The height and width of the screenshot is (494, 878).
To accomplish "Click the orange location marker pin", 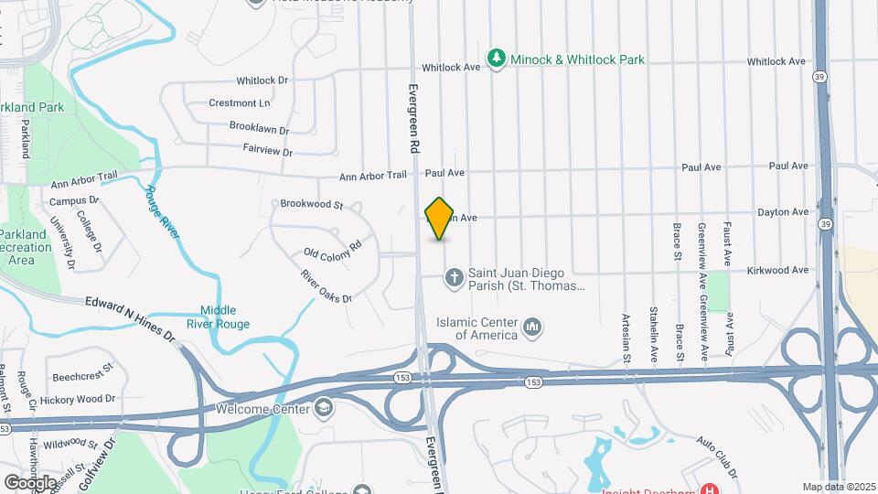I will click(x=440, y=219).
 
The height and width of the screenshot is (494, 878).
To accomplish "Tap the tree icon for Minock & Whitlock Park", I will click(x=497, y=59).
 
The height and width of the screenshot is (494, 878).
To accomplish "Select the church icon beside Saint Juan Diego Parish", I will click(x=454, y=275).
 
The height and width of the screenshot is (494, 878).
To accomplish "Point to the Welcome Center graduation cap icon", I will click(x=323, y=408).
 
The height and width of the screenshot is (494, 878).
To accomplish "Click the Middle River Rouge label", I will click(x=225, y=317).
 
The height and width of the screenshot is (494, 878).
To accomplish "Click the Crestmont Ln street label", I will click(x=240, y=103).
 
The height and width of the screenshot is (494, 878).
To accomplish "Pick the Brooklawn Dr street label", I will click(x=259, y=130).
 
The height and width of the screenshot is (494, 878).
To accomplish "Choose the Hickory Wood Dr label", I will click(x=84, y=399).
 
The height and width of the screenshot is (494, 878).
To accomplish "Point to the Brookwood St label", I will click(x=311, y=204).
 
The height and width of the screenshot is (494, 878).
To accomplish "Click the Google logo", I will click(x=30, y=481).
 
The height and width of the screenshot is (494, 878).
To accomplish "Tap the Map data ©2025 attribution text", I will click(x=839, y=487).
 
